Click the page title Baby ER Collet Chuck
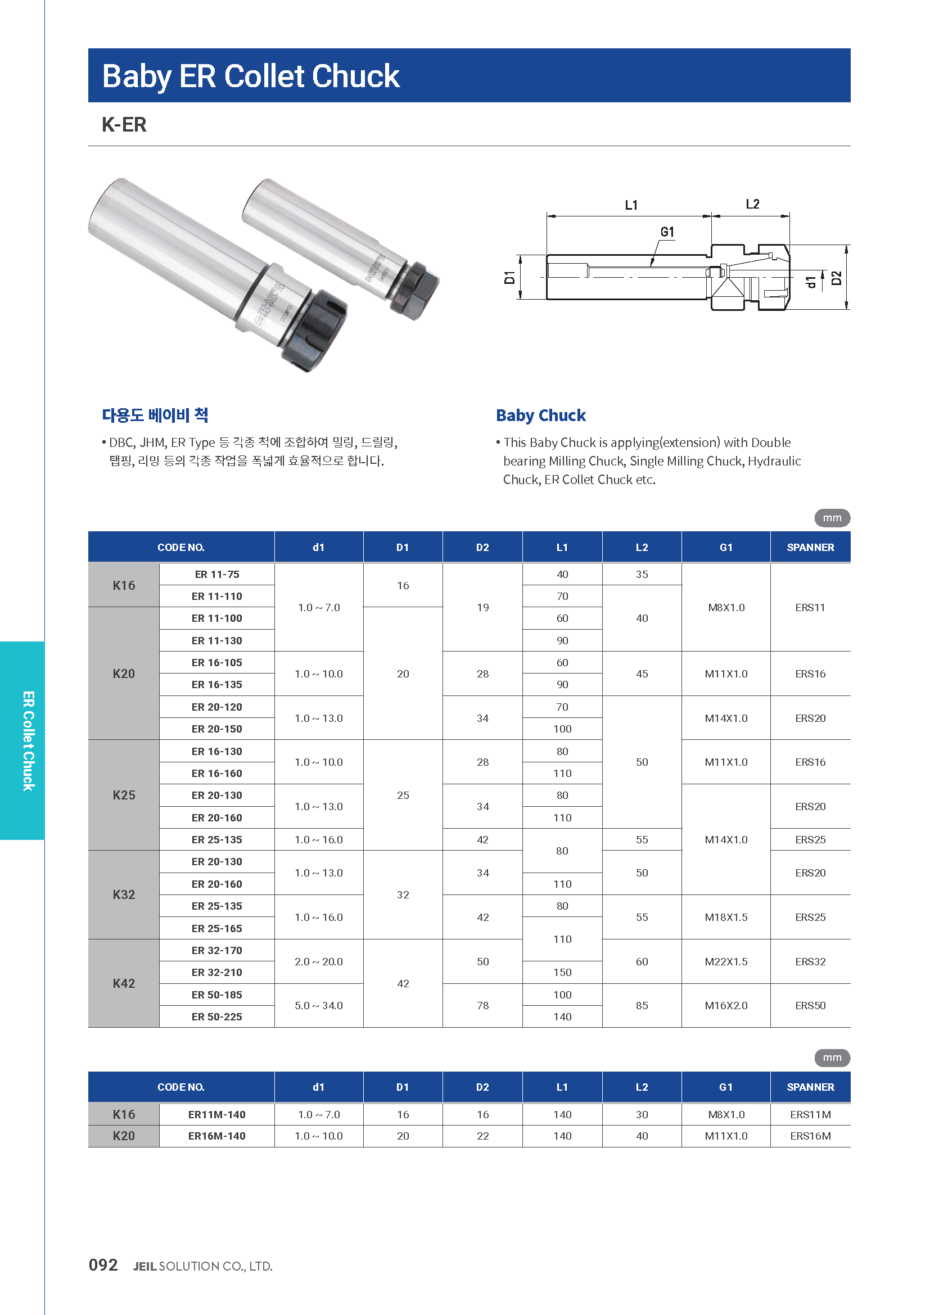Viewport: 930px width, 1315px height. [x=251, y=76]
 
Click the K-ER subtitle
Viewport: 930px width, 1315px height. [x=124, y=124]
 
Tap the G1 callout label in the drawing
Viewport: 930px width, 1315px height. [x=667, y=232]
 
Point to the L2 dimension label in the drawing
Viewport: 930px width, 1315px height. [x=752, y=204]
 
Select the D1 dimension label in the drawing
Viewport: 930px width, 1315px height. [x=509, y=278]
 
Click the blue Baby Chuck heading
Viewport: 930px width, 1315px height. [x=540, y=415]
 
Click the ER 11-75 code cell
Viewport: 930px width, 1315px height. [x=217, y=575]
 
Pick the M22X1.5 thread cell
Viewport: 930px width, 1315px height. [x=725, y=961]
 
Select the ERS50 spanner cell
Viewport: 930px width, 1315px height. [x=810, y=1006]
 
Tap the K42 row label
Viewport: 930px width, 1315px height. [x=124, y=983]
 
